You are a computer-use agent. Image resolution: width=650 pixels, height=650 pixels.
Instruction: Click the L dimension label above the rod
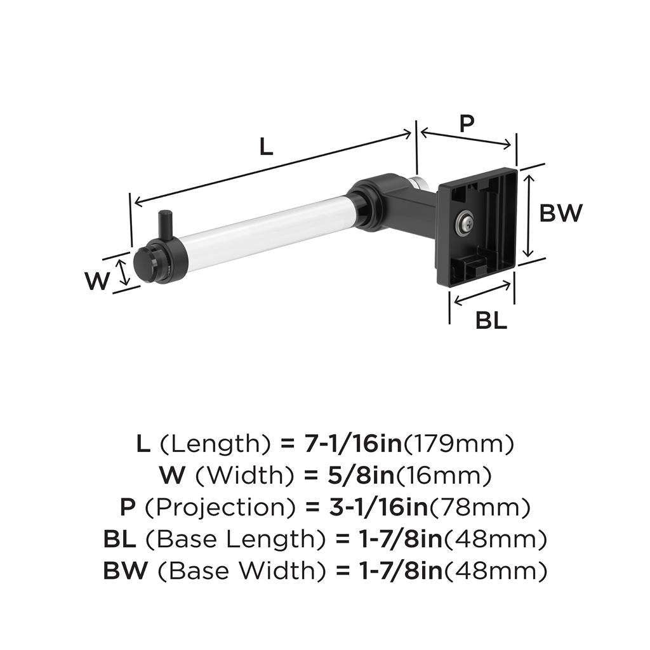point(267,147)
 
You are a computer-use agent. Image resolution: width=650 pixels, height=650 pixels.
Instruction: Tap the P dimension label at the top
point(467,123)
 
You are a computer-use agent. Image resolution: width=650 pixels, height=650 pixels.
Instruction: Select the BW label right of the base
point(560,213)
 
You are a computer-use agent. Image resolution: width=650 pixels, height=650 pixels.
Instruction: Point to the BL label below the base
point(491,321)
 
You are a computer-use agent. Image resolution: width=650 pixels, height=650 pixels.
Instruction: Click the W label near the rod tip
point(97,281)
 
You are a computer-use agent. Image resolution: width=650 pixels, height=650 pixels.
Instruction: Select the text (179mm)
point(459,443)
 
